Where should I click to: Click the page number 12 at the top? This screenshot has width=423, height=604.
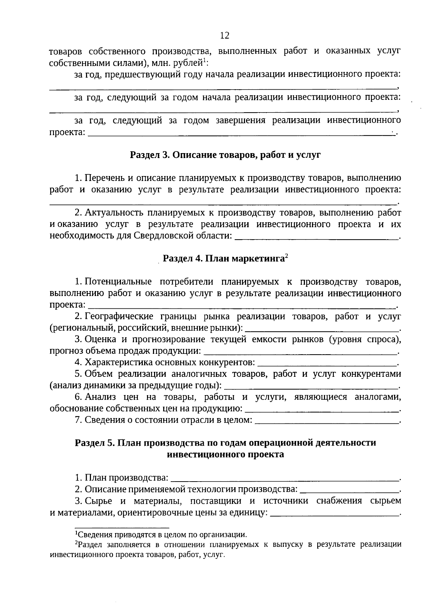(225, 36)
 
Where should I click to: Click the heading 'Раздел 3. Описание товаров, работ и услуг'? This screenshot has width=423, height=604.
(225, 155)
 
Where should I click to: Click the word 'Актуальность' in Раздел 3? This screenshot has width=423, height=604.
(114, 213)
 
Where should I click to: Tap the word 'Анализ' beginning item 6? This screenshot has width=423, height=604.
(100, 397)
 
